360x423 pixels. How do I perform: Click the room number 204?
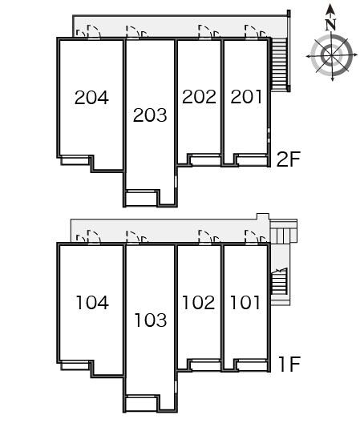point(91,98)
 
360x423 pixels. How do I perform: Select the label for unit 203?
point(150,115)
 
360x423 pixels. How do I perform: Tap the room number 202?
point(199,97)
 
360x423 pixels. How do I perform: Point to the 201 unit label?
point(246,97)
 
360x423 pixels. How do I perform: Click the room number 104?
point(92,302)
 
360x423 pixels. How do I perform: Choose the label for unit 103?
point(150,320)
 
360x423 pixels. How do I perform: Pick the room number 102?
point(199,302)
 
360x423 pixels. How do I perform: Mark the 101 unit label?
point(245,302)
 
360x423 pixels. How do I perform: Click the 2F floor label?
point(289,159)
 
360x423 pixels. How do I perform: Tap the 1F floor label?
point(289,365)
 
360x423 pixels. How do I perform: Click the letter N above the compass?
point(330,25)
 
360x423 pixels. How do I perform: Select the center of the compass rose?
point(332,56)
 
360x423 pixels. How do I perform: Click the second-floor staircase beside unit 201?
point(279,64)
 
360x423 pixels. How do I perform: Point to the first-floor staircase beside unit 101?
point(279,282)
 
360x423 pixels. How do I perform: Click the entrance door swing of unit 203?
point(133,32)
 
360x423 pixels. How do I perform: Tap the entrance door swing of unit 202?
point(205,32)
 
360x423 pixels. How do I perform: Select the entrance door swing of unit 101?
point(252,237)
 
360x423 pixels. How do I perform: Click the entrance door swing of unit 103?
point(133,238)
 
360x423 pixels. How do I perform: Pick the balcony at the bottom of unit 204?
point(75,160)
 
